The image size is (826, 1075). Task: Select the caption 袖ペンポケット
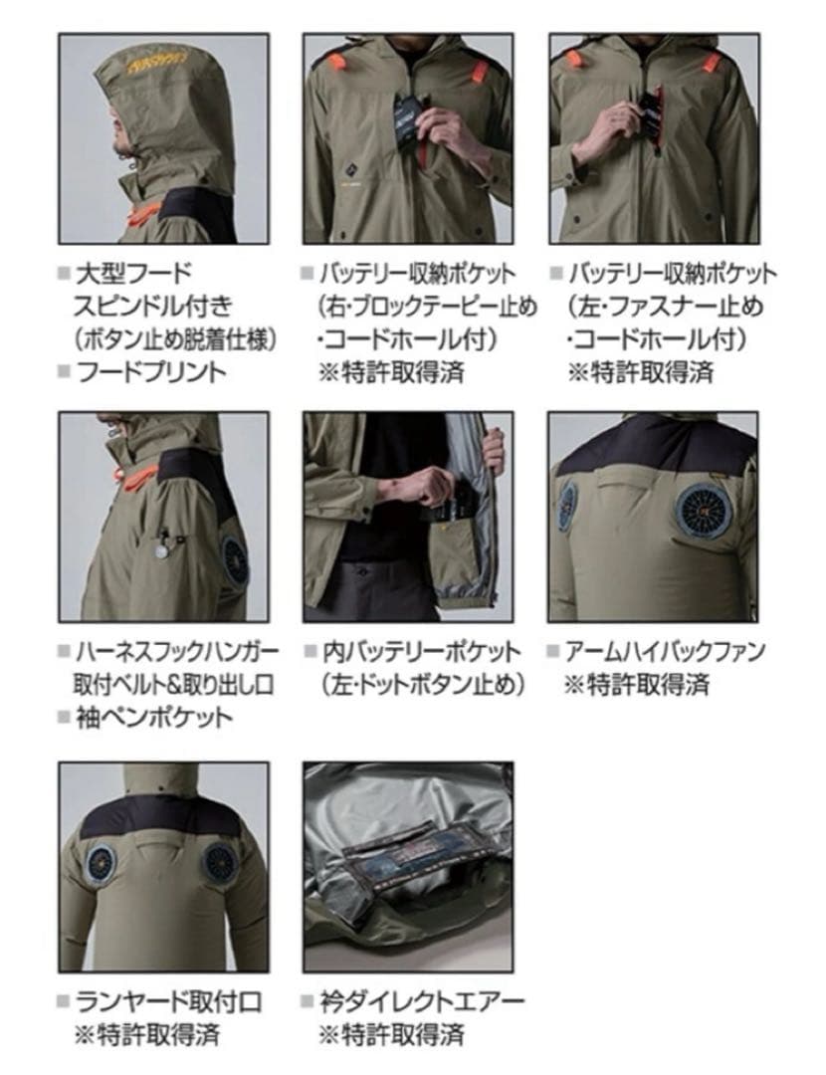(x=154, y=717)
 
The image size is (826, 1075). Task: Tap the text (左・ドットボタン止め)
(x=419, y=685)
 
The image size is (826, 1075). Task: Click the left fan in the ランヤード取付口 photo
(x=103, y=863)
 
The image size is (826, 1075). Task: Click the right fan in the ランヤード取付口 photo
(x=221, y=863)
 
